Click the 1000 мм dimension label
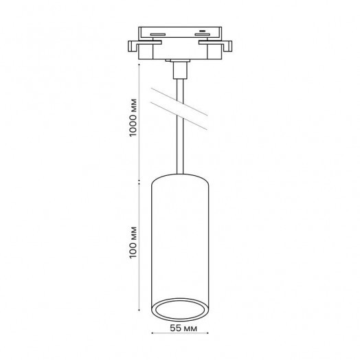(x=133, y=117)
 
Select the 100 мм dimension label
(x=133, y=243)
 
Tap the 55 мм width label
(x=183, y=328)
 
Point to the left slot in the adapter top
(x=158, y=34)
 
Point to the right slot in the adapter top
(x=202, y=34)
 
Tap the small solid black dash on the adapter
(x=202, y=31)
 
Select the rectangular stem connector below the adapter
(x=180, y=70)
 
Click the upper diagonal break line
(x=179, y=102)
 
